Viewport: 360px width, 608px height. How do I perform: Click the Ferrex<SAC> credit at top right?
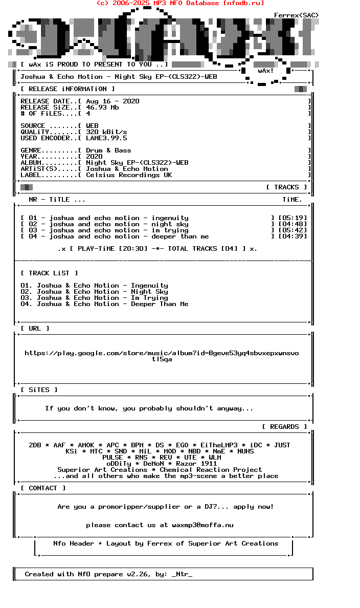pyautogui.click(x=296, y=15)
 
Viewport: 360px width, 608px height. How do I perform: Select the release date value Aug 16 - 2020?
pyautogui.click(x=112, y=101)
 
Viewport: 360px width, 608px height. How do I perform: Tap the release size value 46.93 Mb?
pyautogui.click(x=102, y=107)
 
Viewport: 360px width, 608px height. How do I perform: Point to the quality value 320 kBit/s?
pyautogui.click(x=106, y=132)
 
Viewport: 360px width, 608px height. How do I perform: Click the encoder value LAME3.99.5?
pyautogui.click(x=106, y=138)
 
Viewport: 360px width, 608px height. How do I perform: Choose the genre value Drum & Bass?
pyautogui.click(x=108, y=150)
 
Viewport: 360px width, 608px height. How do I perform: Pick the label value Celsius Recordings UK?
pyautogui.click(x=129, y=175)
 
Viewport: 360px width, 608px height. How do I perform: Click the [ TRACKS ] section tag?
pyautogui.click(x=286, y=187)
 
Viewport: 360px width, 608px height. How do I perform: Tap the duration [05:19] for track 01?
pyautogui.click(x=292, y=218)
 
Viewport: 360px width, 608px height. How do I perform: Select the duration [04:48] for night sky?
pyautogui.click(x=292, y=224)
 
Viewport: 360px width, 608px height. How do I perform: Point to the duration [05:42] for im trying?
pyautogui.click(x=292, y=230)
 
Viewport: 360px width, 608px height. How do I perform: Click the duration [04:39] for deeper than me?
pyautogui.click(x=292, y=236)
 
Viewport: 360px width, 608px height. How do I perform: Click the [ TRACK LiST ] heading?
pyautogui.click(x=49, y=273)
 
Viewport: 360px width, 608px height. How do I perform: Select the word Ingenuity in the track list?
pyautogui.click(x=149, y=286)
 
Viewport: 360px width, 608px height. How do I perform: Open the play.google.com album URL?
pyautogui.click(x=162, y=353)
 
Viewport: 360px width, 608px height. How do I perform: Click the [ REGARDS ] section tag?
pyautogui.click(x=284, y=427)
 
